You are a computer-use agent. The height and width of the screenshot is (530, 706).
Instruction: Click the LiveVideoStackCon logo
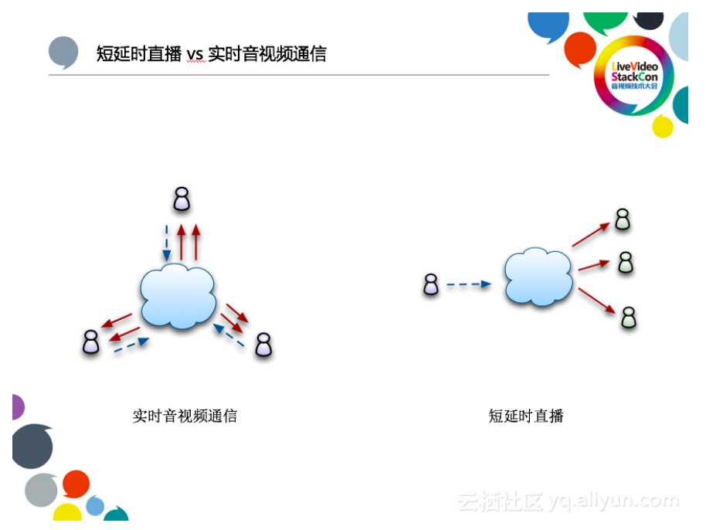[x=633, y=76]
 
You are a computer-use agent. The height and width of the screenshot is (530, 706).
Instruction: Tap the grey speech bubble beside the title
[x=63, y=52]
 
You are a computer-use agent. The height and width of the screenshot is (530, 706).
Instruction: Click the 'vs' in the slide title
[x=194, y=54]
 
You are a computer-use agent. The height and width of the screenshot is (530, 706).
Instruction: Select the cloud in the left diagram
[x=178, y=295]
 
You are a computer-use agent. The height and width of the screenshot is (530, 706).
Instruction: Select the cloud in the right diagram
[x=538, y=277]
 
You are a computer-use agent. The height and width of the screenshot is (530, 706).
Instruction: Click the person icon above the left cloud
[x=182, y=199]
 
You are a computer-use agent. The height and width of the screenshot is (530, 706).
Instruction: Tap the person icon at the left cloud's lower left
[x=92, y=342]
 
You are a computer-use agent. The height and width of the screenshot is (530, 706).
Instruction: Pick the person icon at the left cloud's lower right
[x=264, y=345]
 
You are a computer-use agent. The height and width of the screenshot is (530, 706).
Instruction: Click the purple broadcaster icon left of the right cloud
[x=431, y=285]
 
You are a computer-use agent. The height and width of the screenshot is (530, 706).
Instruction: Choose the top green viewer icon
[x=623, y=220]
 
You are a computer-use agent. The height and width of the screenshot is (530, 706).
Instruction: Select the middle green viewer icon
[x=626, y=263]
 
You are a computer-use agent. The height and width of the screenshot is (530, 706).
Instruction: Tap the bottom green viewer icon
[x=630, y=318]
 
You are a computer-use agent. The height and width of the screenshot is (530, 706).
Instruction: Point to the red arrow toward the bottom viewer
[x=596, y=301]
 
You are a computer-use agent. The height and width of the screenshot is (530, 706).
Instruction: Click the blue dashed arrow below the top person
[x=166, y=243]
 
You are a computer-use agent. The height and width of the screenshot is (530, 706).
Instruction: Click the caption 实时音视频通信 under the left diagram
[x=185, y=416]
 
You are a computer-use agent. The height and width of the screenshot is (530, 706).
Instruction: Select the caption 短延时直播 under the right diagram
[x=526, y=416]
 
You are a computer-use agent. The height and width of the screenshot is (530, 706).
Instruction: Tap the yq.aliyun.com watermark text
[x=613, y=501]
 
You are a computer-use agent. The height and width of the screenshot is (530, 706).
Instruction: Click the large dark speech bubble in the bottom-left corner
[x=32, y=447]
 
